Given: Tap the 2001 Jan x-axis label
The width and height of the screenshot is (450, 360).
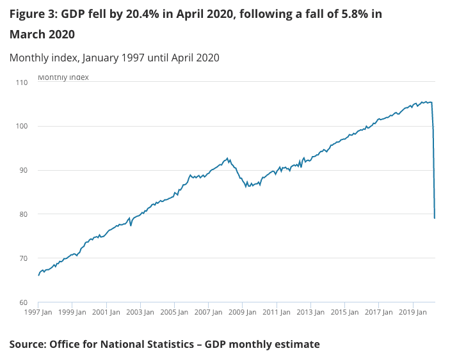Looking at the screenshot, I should (x=106, y=313).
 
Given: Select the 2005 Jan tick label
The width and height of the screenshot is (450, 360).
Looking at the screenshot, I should (x=174, y=313).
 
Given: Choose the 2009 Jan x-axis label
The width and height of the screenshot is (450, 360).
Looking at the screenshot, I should (x=242, y=313).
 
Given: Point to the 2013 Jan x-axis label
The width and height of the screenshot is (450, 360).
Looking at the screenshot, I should (x=310, y=313).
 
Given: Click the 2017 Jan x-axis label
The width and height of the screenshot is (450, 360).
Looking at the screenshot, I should (x=378, y=313).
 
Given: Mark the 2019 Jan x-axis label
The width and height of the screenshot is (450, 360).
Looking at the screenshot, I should (x=412, y=313).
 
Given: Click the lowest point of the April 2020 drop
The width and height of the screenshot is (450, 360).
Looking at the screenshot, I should (x=435, y=218).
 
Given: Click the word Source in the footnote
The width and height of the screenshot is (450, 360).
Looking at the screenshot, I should (x=28, y=345).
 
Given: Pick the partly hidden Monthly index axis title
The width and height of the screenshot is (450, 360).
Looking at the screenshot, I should (x=63, y=77).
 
